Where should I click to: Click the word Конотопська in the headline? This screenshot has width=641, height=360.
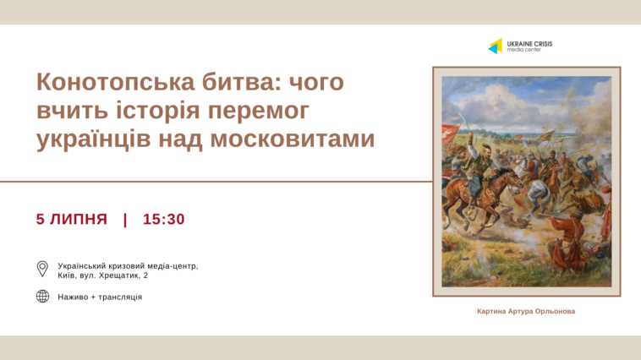coord(116,82)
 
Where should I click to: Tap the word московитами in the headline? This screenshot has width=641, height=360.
coord(292,138)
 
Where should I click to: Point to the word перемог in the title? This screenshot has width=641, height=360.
coord(259,112)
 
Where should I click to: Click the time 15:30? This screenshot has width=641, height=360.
coord(163,219)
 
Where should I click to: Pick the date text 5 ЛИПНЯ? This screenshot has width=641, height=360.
coord(72,219)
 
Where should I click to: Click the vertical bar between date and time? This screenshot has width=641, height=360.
coord(125,220)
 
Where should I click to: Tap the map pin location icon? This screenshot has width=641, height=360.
coord(42,269)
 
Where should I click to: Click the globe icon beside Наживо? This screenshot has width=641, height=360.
coord(42,297)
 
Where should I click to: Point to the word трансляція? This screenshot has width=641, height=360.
coord(120,297)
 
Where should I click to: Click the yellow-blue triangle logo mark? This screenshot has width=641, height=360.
coord(496,46)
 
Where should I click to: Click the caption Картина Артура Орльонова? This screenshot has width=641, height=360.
coord(526,311)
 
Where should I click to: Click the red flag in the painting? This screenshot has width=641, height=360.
coord(450,134)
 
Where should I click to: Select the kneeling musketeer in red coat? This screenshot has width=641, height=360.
coord(567,240)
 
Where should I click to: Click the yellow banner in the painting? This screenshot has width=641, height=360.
coord(546,136)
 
